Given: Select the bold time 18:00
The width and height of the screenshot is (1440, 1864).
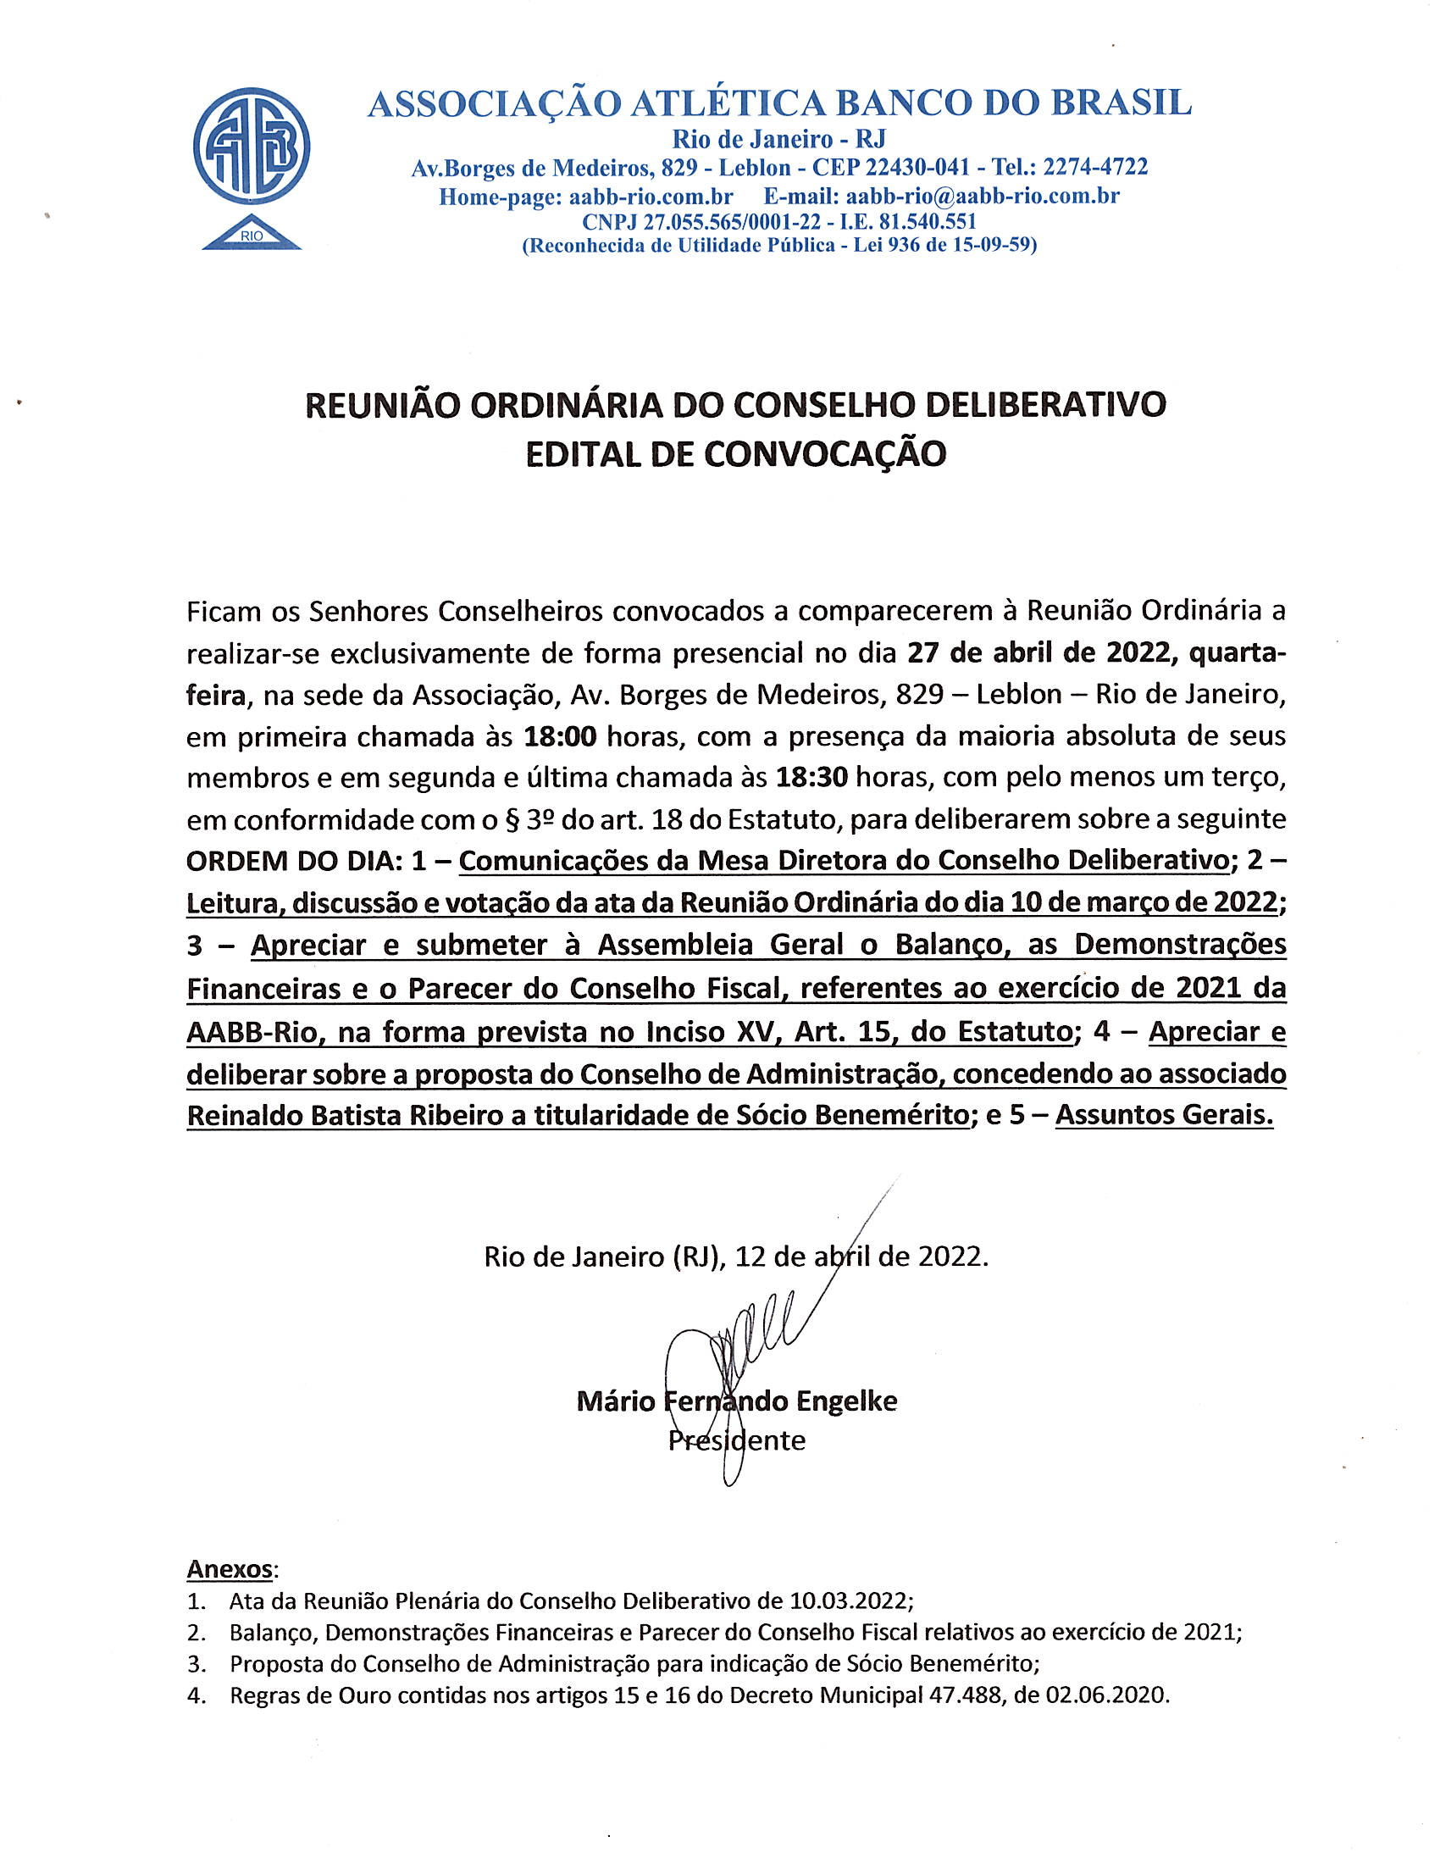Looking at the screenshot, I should click(x=559, y=735).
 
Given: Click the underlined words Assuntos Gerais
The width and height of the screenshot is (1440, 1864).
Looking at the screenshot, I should click(x=1164, y=1116).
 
